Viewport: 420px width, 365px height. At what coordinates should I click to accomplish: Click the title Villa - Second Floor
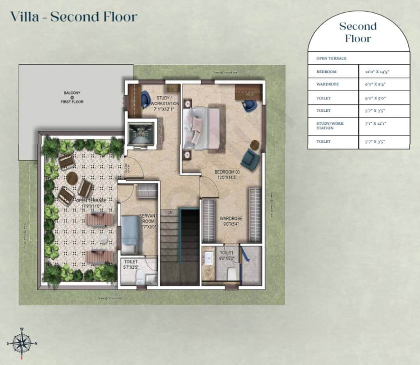(73, 17)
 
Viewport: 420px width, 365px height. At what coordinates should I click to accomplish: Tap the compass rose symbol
(22, 343)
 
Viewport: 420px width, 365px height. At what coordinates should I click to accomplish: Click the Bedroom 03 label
(227, 174)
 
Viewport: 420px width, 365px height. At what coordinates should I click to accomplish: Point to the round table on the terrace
(72, 178)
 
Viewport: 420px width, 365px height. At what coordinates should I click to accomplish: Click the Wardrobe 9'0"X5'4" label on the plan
(231, 221)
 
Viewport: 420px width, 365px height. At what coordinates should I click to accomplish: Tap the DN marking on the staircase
(170, 212)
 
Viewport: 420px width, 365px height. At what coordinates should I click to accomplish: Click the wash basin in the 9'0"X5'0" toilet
(209, 257)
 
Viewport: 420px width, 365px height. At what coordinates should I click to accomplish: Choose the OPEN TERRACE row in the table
(331, 58)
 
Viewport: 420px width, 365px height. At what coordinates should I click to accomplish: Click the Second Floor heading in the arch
(358, 32)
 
